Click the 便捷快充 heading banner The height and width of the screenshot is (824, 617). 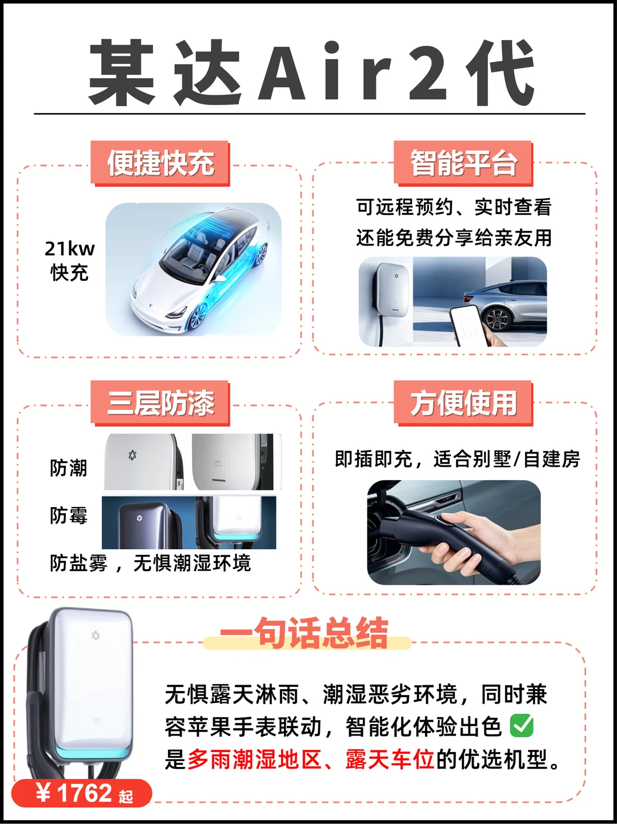(x=160, y=163)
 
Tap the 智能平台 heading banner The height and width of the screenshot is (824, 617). (x=463, y=163)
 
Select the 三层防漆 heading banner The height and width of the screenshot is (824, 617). (x=160, y=403)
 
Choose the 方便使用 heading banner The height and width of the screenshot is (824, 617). (x=463, y=403)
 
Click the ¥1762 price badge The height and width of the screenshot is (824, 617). (x=82, y=793)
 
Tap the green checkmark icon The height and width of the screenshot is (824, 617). (x=522, y=726)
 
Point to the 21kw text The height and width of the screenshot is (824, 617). (x=70, y=248)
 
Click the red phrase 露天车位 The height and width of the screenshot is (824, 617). (x=390, y=759)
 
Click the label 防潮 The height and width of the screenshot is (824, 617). (x=69, y=468)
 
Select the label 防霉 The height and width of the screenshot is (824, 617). (x=69, y=515)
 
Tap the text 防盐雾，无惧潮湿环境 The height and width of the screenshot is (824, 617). (x=150, y=563)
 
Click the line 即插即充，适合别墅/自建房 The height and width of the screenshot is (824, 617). (x=458, y=459)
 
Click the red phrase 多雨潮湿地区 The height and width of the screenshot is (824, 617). (x=254, y=759)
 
